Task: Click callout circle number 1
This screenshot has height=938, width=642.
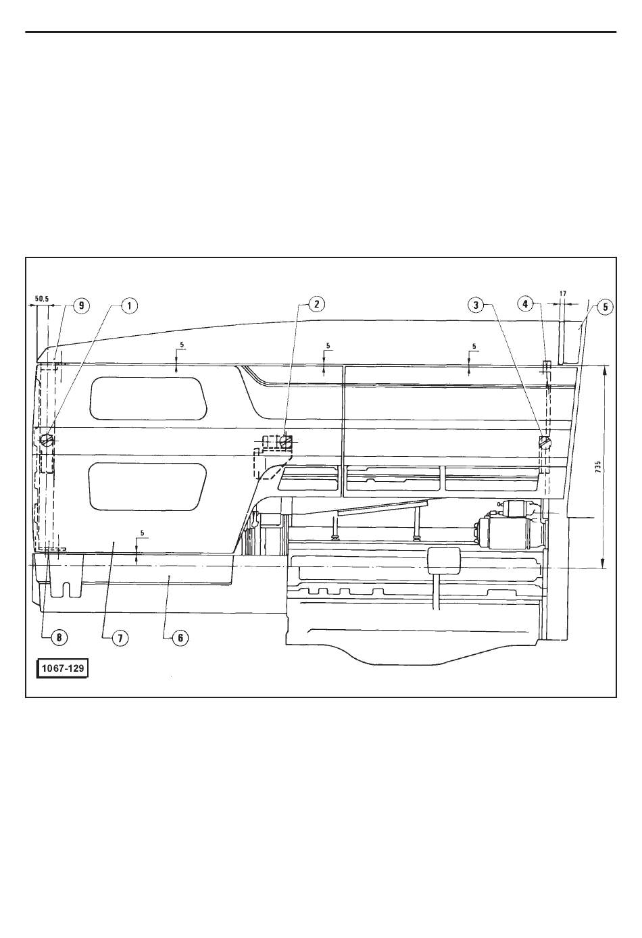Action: [129, 305]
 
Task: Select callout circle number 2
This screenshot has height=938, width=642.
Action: [316, 304]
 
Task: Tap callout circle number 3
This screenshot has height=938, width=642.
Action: [476, 305]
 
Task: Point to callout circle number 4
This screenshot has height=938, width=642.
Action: [526, 303]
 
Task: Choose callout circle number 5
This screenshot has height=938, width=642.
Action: [605, 307]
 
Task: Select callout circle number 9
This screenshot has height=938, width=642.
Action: [81, 305]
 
